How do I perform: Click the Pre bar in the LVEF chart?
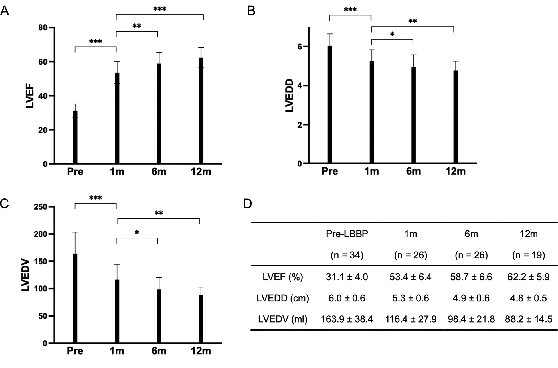[75, 137]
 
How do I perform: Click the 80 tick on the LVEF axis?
[43, 28]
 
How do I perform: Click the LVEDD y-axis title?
[290, 96]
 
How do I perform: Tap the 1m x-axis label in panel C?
[117, 351]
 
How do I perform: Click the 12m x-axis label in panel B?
[455, 171]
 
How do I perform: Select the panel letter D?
[247, 204]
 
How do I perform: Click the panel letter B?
[251, 11]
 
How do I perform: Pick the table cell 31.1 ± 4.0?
[347, 277]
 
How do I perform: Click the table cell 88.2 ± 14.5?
[528, 319]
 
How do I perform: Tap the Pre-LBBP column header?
[347, 234]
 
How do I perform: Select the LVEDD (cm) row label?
[282, 298]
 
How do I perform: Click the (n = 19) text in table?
[528, 255]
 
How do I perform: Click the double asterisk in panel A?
[137, 26]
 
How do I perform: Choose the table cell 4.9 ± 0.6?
[471, 298]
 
